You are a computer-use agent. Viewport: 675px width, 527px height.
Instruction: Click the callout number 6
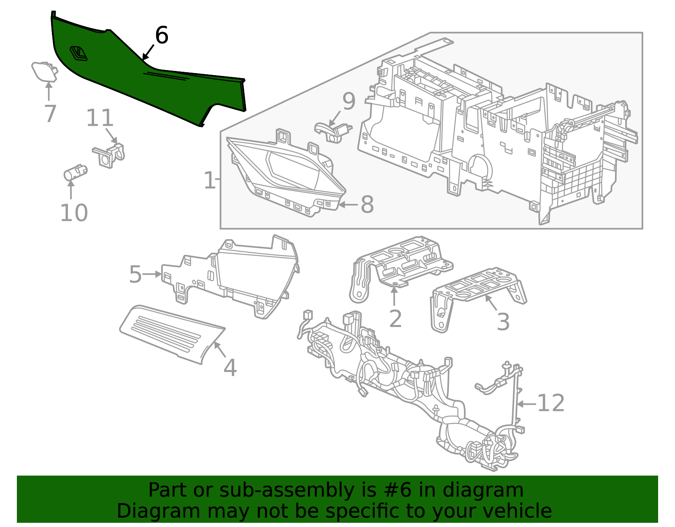pos(162,35)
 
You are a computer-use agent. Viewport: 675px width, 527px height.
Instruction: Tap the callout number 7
pos(50,114)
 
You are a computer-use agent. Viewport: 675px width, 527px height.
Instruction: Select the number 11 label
pos(100,119)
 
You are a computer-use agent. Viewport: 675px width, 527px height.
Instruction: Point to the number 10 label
pos(74,213)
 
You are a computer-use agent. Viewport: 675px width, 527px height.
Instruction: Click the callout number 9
pos(349,102)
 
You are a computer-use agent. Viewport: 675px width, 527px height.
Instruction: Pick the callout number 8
pos(367,205)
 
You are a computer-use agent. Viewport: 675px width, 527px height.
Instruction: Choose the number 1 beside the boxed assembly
pos(210,181)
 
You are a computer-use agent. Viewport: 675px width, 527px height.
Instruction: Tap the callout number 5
pos(135,275)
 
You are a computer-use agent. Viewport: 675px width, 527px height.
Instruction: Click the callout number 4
pos(230,368)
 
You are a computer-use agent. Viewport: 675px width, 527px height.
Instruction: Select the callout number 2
pos(395,319)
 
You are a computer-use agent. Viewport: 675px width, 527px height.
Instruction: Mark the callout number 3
pos(503,322)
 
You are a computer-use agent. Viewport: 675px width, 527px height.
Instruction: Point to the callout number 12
pos(551,403)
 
